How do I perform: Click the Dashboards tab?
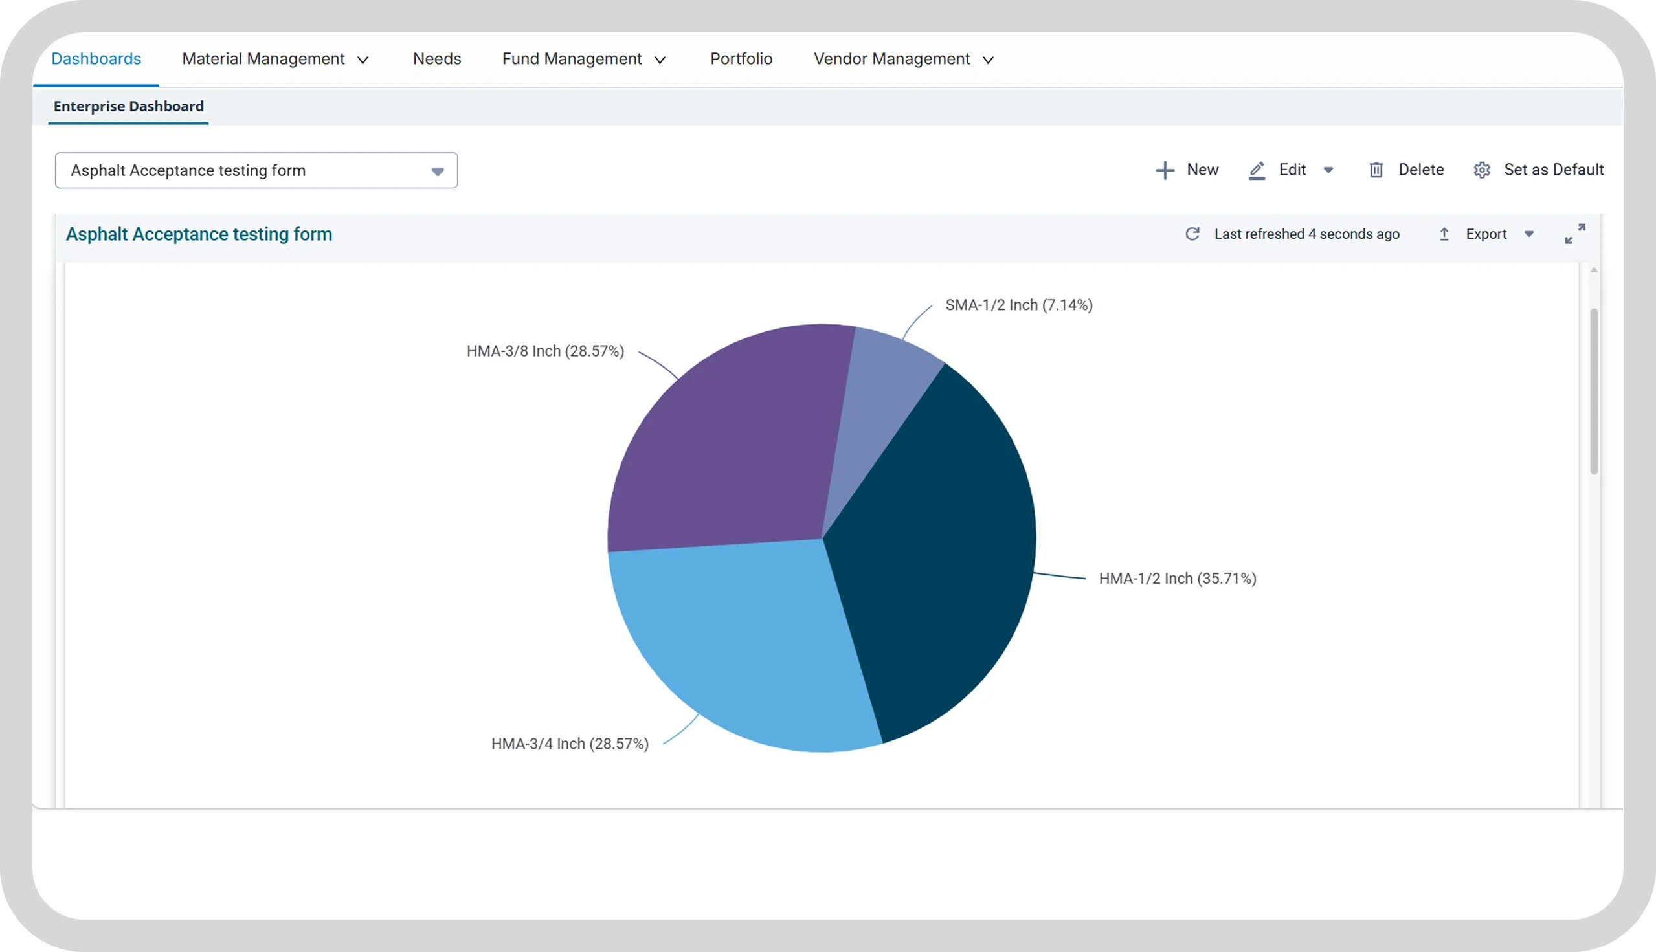pyautogui.click(x=96, y=59)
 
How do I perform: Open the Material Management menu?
pyautogui.click(x=275, y=59)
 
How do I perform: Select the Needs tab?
pyautogui.click(x=437, y=59)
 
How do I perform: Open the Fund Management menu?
pyautogui.click(x=584, y=59)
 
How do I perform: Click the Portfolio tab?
pyautogui.click(x=741, y=59)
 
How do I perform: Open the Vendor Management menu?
pyautogui.click(x=904, y=59)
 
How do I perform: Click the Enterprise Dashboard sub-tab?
pyautogui.click(x=129, y=106)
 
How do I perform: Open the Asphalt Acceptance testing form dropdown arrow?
pyautogui.click(x=438, y=172)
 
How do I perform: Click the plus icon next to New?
pyautogui.click(x=1165, y=170)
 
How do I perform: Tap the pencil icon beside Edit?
pyautogui.click(x=1257, y=170)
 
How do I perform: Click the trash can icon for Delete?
pyautogui.click(x=1376, y=170)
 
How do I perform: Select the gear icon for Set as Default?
pyautogui.click(x=1482, y=170)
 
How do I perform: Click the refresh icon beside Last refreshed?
pyautogui.click(x=1192, y=234)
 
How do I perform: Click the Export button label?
pyautogui.click(x=1486, y=234)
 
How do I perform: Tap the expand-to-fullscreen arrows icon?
pyautogui.click(x=1575, y=234)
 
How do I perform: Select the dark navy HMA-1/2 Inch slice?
pyautogui.click(x=935, y=556)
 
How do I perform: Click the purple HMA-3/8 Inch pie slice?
pyautogui.click(x=726, y=445)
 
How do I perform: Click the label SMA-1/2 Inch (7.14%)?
pyautogui.click(x=1019, y=305)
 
